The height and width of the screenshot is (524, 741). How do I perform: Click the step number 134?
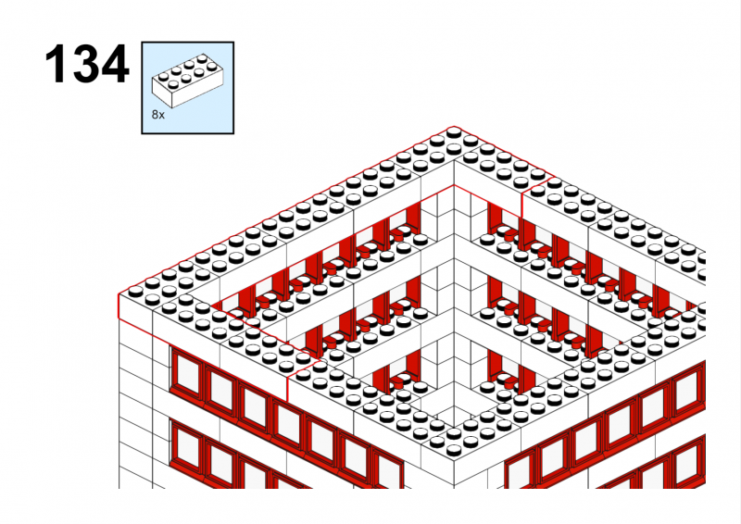click(87, 64)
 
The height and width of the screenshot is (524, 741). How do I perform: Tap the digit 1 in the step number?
click(57, 64)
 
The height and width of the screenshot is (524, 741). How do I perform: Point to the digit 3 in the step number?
click(86, 64)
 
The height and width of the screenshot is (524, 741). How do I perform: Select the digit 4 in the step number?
click(116, 64)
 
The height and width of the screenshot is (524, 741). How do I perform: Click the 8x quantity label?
click(157, 115)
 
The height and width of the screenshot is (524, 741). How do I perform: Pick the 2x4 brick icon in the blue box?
click(187, 80)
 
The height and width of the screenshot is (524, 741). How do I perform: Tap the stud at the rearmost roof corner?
click(454, 131)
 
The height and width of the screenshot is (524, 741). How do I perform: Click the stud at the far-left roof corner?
click(135, 291)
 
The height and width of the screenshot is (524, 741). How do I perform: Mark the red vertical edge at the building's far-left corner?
click(119, 306)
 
